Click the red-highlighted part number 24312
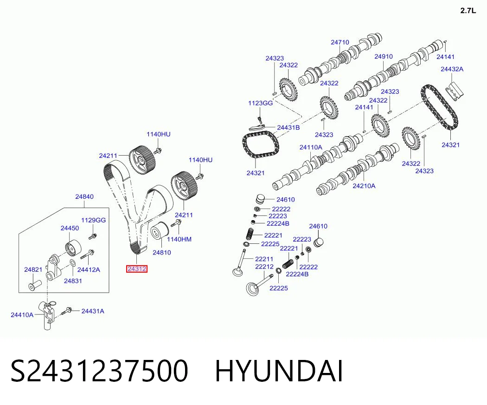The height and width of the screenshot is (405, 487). [137, 269]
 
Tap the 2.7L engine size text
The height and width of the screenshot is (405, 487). [468, 11]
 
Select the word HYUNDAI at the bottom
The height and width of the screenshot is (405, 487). [279, 371]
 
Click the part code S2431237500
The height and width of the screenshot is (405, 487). [99, 371]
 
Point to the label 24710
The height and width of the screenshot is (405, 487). [340, 42]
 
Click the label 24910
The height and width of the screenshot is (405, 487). [383, 56]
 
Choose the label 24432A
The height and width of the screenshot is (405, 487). [452, 69]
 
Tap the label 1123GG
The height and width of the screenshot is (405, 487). [260, 103]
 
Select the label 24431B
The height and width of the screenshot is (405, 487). [288, 128]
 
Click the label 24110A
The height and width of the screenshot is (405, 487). [311, 147]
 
